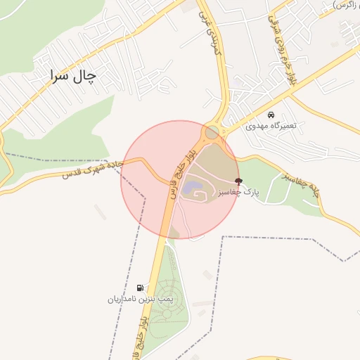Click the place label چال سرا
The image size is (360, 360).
pyautogui.click(x=72, y=76)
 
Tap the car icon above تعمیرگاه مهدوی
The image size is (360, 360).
pyautogui.click(x=271, y=114)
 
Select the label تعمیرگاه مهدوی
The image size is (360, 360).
pyautogui.click(x=271, y=126)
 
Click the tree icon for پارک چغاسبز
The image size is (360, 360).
pyautogui.click(x=239, y=181)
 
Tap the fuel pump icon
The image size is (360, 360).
pyautogui.click(x=141, y=288)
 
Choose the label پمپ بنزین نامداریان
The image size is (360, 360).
pyautogui.click(x=140, y=300)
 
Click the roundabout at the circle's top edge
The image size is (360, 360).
pyautogui.click(x=211, y=131)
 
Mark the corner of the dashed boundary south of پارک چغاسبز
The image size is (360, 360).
pyautogui.click(x=224, y=237)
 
